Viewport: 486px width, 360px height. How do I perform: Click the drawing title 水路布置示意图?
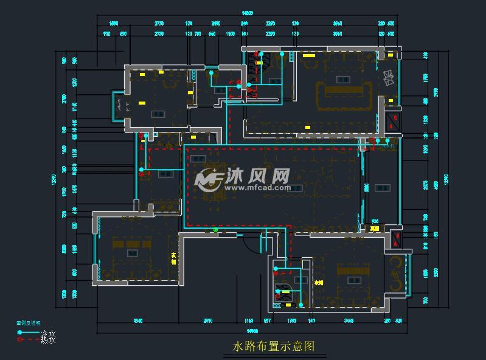coord(274,347)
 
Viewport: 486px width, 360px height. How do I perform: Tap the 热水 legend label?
coord(48,340)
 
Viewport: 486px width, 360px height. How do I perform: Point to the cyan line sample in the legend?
coord(28,332)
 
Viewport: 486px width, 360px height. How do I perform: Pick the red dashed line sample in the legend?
coord(28,340)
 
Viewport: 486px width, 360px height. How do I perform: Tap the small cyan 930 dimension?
coord(375,221)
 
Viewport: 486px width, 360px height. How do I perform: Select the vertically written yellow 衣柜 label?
coord(175,259)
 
